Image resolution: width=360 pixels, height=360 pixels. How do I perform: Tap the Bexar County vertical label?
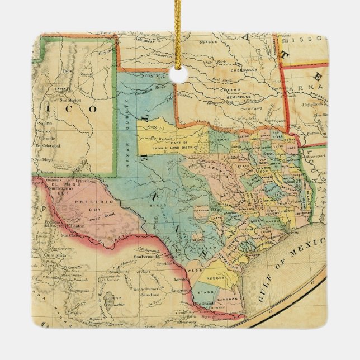pos(127,124)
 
